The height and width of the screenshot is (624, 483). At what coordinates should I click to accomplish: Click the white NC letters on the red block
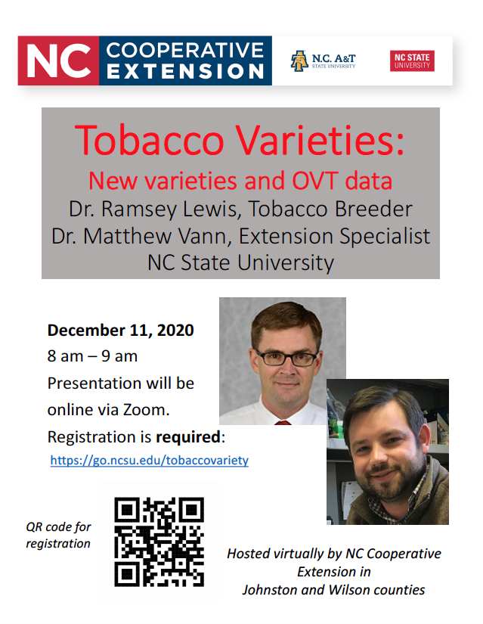point(59,61)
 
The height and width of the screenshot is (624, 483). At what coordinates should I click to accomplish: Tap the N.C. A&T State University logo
point(323,61)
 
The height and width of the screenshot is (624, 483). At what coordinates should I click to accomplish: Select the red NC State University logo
point(412,61)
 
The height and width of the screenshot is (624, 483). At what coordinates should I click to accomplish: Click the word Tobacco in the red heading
point(150,140)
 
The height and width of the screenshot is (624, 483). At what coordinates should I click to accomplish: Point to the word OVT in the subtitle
point(315,181)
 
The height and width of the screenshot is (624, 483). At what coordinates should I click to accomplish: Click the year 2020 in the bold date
point(175,331)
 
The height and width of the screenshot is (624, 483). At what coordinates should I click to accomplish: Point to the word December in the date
point(86,331)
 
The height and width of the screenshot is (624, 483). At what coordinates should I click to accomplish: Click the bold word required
point(188,437)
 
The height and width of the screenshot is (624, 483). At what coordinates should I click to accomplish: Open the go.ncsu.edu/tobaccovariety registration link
point(150,461)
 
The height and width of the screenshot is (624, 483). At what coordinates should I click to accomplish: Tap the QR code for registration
point(159,542)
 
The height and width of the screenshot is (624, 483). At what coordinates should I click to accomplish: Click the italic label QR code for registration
point(58,536)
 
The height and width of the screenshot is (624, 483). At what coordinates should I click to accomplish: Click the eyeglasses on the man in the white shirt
point(286,358)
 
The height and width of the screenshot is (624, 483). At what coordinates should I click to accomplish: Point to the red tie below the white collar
point(283,423)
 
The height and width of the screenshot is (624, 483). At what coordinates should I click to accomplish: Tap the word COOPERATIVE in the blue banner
point(185,51)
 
